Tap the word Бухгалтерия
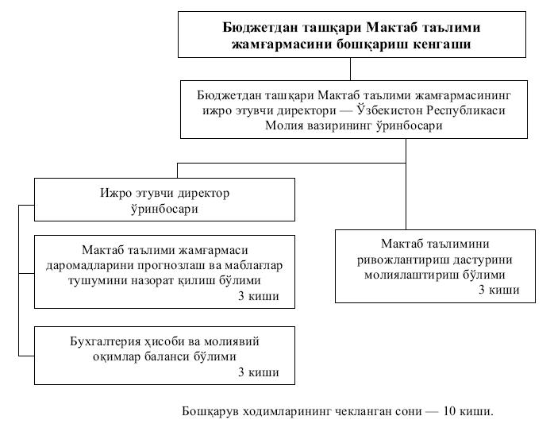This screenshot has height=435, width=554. (x=108, y=342)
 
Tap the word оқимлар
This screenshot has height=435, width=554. (x=126, y=357)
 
